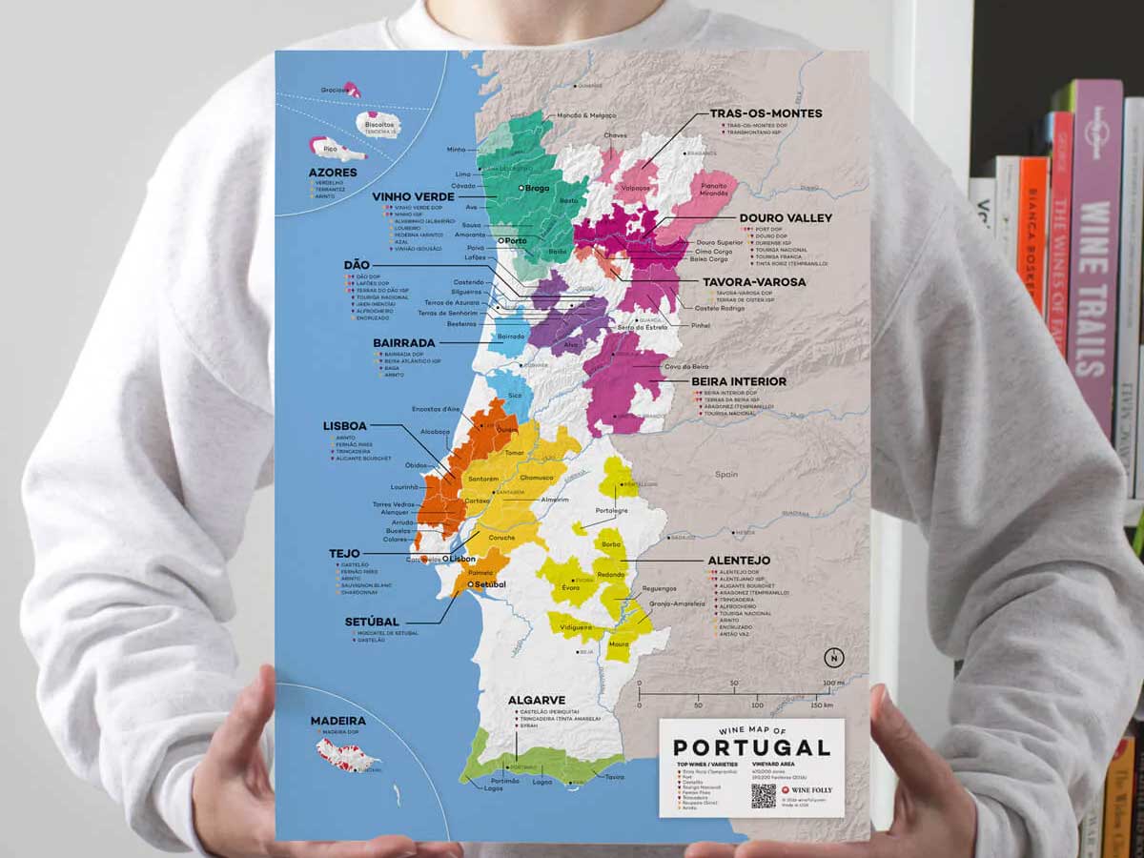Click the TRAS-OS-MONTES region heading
(766, 113)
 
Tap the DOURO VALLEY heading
(786, 218)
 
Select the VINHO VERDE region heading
(413, 196)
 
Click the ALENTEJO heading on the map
(739, 560)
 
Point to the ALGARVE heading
(537, 700)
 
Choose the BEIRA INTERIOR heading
(739, 381)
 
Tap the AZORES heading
(333, 173)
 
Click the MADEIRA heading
(337, 721)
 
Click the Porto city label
(515, 241)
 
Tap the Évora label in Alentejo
(571, 588)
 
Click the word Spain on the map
(727, 474)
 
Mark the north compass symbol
(834, 657)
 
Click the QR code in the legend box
(764, 796)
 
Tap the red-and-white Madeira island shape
(347, 758)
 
